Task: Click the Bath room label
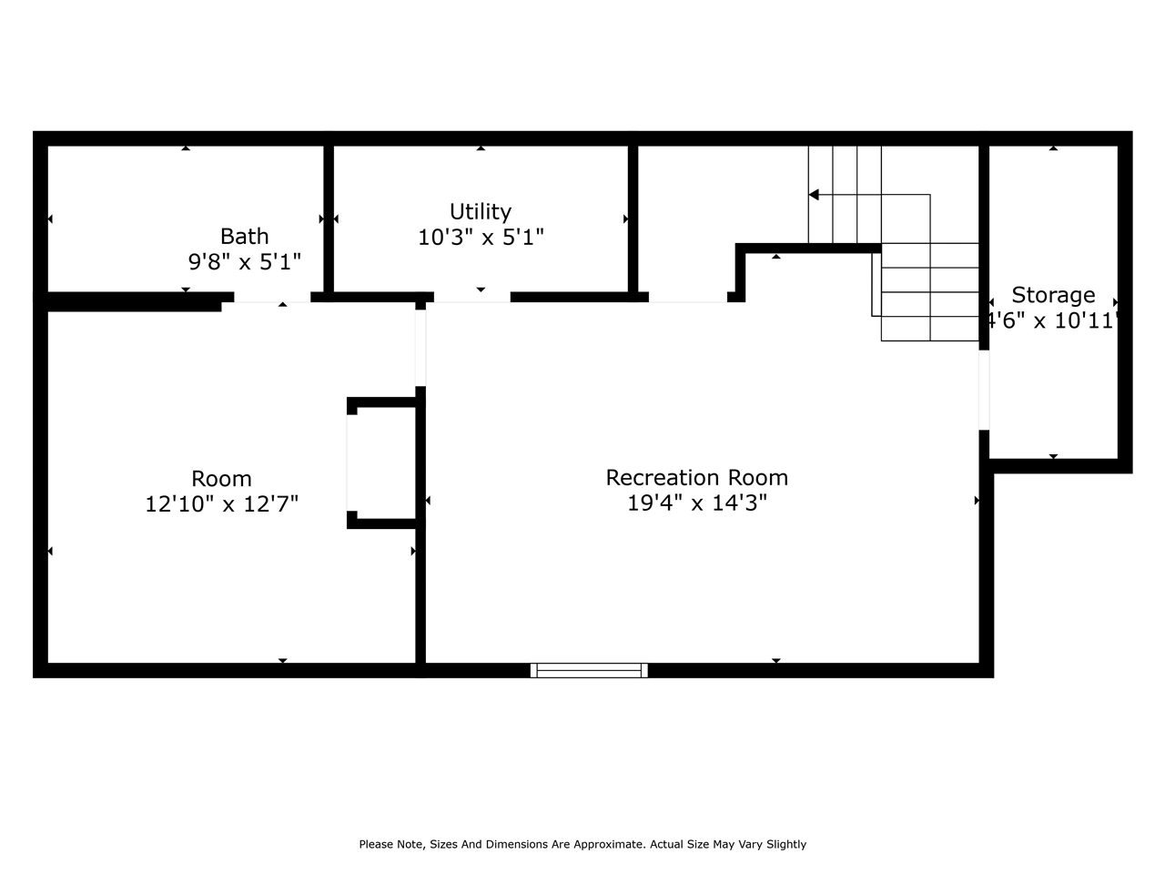[x=244, y=236]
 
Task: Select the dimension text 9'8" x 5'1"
[x=244, y=262]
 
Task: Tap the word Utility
[x=481, y=212]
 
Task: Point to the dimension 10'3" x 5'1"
[x=481, y=238]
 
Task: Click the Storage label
[x=1053, y=295]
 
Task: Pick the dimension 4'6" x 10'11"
[x=1052, y=320]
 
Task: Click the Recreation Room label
[x=696, y=477]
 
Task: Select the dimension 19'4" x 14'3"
[x=696, y=503]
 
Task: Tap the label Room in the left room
[x=221, y=479]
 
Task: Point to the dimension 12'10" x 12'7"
[x=221, y=503]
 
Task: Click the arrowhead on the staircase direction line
[x=814, y=195]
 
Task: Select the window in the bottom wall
[x=589, y=670]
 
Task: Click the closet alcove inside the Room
[x=382, y=462]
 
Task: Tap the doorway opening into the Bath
[x=272, y=298]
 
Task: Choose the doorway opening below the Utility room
[x=471, y=298]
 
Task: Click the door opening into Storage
[x=984, y=390]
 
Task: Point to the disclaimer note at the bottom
[x=582, y=844]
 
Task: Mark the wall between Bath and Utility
[x=329, y=218]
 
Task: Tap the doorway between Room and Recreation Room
[x=420, y=347]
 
